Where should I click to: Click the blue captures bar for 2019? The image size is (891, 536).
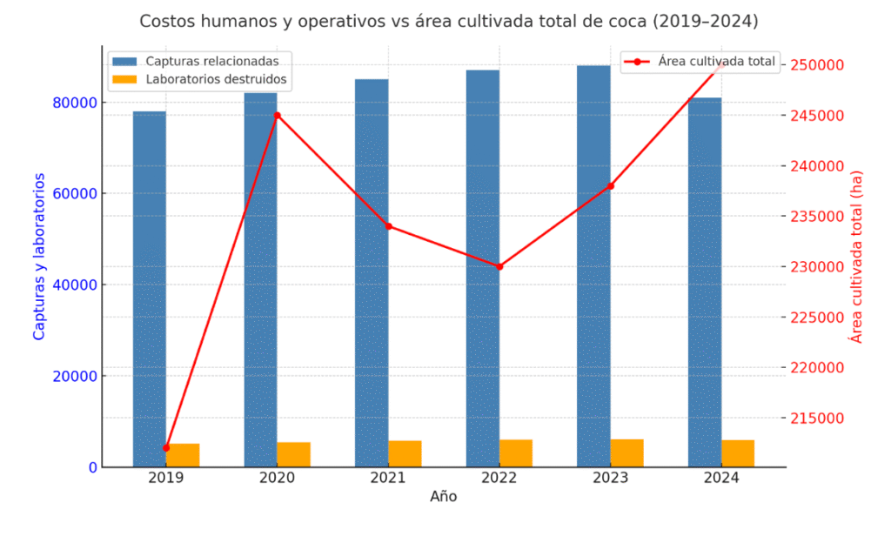[x=149, y=287]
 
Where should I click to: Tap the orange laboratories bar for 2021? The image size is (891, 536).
[x=405, y=453]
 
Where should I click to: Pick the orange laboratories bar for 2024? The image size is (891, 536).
[x=738, y=453]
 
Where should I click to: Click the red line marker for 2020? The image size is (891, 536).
[x=278, y=115]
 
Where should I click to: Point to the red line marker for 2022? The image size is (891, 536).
[x=499, y=266]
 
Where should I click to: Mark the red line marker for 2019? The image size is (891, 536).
[x=166, y=447]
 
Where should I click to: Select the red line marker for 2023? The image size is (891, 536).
[x=611, y=185]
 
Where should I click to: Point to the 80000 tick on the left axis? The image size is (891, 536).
[x=73, y=103]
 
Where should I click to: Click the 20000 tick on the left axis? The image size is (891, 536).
[x=73, y=376]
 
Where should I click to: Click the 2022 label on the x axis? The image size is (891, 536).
[x=499, y=478]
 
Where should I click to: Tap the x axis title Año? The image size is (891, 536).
[x=443, y=497]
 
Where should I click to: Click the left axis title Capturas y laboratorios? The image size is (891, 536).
[x=39, y=257]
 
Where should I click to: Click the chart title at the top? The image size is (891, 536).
[x=448, y=20]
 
